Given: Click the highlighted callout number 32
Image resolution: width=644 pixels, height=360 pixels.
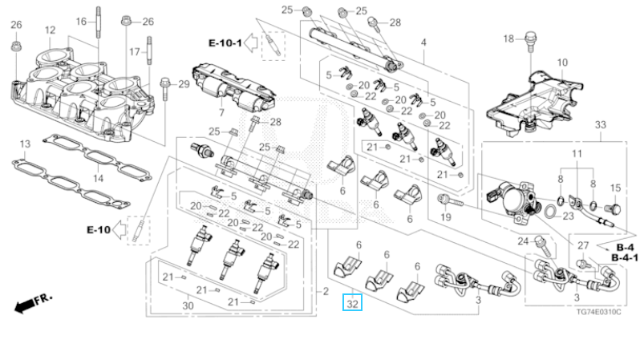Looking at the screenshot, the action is click(352, 303).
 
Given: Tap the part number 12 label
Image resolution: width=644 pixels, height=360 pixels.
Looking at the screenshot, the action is click(50, 30).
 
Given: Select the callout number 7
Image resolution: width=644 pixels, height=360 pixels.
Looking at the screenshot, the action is click(222, 112).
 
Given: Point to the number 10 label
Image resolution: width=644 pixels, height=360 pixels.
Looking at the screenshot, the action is click(562, 63).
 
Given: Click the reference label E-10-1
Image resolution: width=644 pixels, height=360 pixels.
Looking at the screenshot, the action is click(225, 42).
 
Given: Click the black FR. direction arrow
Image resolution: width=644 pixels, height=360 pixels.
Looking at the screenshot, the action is click(24, 305).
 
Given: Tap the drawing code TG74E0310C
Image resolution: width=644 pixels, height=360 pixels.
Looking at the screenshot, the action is click(598, 312).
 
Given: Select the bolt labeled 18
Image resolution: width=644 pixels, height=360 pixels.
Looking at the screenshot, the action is click(529, 42).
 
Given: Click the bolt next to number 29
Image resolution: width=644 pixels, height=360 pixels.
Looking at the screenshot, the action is click(164, 88).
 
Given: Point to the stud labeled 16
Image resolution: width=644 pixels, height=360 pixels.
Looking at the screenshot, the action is click(99, 22).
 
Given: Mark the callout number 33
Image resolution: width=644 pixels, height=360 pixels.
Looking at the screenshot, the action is click(600, 124).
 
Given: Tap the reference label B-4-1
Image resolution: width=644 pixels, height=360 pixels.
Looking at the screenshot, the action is click(625, 258).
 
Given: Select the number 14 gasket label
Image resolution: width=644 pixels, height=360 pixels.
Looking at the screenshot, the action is click(98, 178).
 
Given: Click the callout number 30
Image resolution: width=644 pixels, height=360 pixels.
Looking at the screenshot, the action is click(188, 305).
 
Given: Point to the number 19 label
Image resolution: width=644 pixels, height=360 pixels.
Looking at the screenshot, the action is click(445, 216).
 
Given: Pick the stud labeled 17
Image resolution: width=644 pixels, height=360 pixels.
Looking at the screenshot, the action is click(149, 51).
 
